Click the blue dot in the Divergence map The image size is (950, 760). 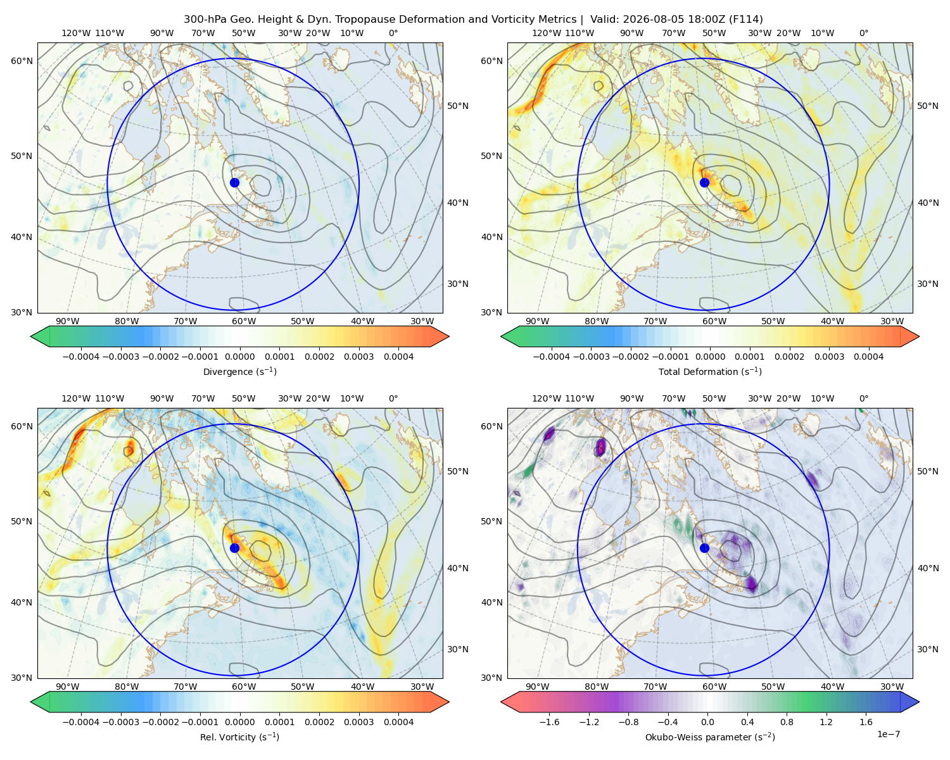click(234, 182)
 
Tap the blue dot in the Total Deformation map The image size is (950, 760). click(704, 182)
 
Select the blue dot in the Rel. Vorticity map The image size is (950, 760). click(234, 548)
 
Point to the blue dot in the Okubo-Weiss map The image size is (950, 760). click(704, 548)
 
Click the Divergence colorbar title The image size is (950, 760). click(239, 372)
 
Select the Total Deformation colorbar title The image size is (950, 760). click(710, 372)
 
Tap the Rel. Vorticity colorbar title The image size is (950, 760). click(239, 737)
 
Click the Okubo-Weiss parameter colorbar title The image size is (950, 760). click(710, 737)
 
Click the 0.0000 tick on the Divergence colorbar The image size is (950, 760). click(239, 357)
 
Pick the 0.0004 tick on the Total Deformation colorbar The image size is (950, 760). click(869, 357)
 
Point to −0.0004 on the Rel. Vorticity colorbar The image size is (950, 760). click(81, 722)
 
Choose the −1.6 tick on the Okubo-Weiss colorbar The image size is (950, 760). click(549, 722)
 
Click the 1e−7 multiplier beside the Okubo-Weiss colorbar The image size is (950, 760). click(888, 734)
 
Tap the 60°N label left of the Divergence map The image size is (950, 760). click(22, 61)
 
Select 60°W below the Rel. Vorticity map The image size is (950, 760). click(244, 687)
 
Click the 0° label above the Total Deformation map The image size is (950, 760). click(864, 33)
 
